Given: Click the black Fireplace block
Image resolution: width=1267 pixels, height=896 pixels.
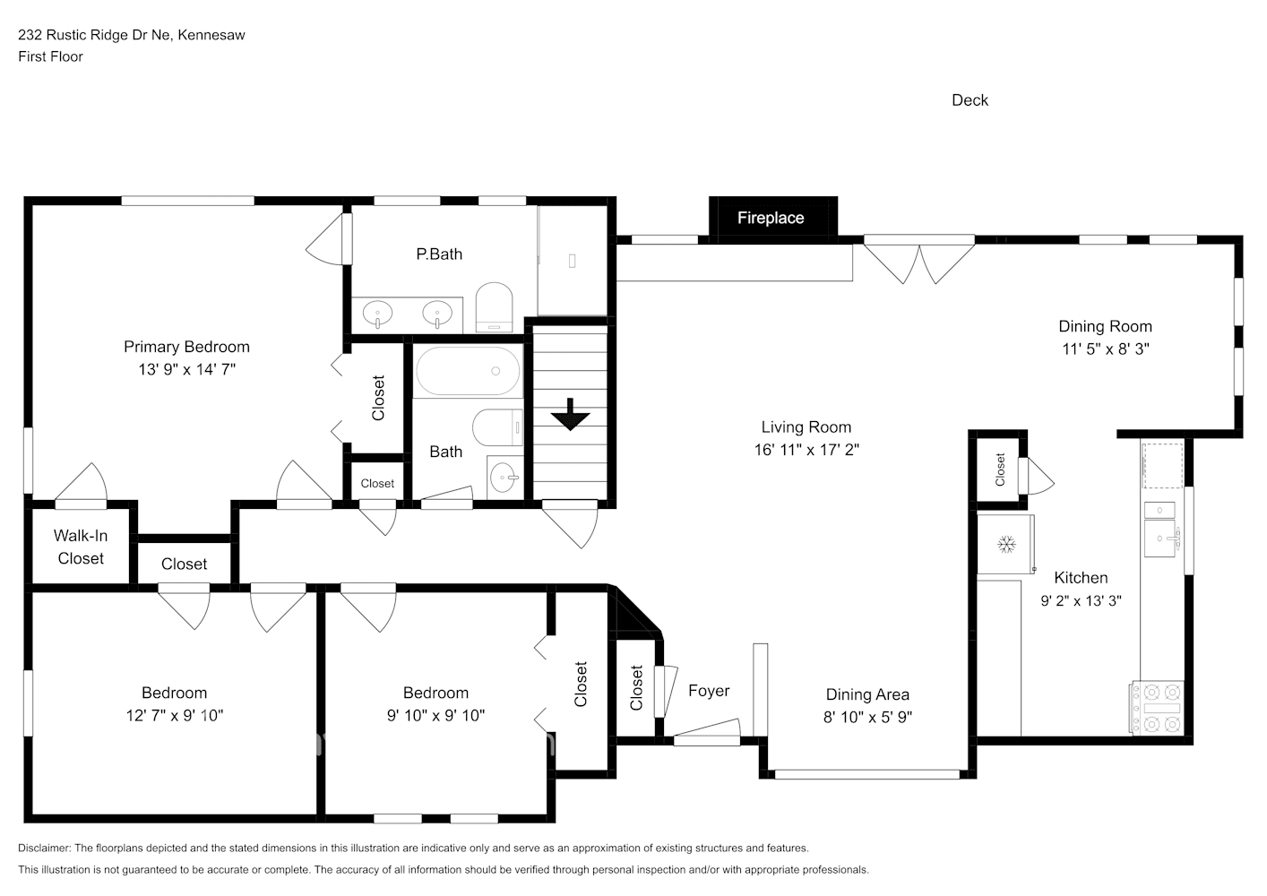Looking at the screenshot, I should [x=772, y=218].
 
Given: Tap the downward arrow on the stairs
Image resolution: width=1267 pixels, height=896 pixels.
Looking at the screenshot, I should [x=569, y=415].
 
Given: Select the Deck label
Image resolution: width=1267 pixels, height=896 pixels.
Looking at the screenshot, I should [x=970, y=100].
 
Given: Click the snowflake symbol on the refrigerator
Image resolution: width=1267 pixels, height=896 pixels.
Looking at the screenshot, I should [x=1005, y=543].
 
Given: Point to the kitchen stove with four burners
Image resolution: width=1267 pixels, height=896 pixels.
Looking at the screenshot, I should [x=1158, y=707].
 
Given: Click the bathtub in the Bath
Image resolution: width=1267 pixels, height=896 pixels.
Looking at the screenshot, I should [x=468, y=372].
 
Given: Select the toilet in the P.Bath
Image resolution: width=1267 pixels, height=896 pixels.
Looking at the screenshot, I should [x=493, y=306].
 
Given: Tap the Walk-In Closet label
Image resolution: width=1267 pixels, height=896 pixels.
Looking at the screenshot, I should [x=81, y=547].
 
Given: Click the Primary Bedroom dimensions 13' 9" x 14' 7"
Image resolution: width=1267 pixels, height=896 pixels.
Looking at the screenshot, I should [x=186, y=369].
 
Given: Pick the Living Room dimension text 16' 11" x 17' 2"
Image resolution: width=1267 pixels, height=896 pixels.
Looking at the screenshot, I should [x=806, y=450].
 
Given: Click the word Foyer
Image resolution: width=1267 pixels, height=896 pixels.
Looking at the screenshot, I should [x=709, y=691].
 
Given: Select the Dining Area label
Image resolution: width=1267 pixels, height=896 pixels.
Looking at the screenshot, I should [x=867, y=694].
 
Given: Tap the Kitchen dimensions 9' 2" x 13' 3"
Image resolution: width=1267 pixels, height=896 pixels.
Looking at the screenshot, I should [x=1081, y=601].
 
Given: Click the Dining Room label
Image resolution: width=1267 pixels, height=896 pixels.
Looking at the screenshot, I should [x=1105, y=326].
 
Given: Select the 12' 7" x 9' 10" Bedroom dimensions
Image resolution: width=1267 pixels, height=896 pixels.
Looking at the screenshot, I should [x=174, y=715].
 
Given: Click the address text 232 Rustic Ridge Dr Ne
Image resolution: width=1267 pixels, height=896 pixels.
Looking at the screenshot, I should [x=97, y=35].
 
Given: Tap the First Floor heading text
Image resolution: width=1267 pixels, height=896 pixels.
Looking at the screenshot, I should [x=50, y=56].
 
